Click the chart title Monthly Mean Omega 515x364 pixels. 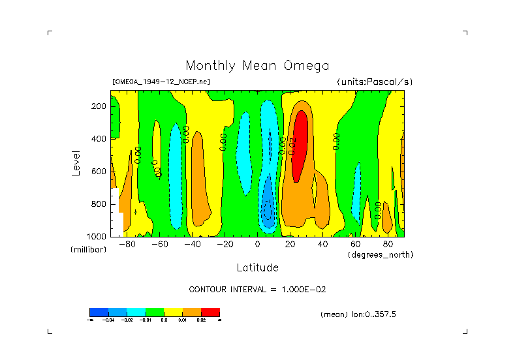coord(257,66)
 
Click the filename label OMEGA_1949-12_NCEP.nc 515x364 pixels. coord(161,82)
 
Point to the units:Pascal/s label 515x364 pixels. coord(375,82)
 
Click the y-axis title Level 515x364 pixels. coord(76,162)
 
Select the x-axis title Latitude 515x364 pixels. coord(257,267)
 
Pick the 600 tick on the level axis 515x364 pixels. coord(99,172)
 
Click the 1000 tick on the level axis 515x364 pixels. coord(97,236)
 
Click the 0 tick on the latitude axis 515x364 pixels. coord(258,245)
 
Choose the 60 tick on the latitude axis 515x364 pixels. coord(355,245)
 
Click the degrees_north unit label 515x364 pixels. coord(381,254)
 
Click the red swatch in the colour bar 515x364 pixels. coord(210,312)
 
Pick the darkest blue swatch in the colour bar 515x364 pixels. coord(99,312)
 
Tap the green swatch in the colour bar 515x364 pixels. coord(155,312)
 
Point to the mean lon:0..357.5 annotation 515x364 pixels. coord(358,314)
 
